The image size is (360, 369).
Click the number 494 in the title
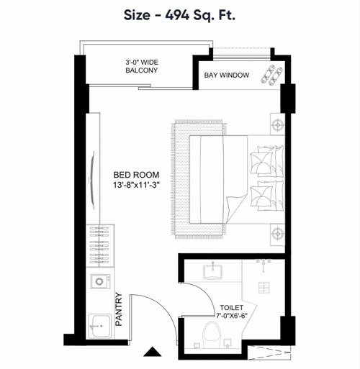tap(177, 15)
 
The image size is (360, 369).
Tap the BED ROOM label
tap(136, 175)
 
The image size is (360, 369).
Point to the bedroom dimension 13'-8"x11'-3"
tap(136, 185)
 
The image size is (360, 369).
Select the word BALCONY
tap(142, 70)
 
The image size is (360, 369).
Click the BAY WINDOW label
tap(227, 76)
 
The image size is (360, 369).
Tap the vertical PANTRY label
tap(119, 309)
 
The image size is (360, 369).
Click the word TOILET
tap(232, 308)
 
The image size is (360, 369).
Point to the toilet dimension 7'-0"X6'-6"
tap(232, 316)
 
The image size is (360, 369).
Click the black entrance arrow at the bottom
tap(152, 352)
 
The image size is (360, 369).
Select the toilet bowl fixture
tap(211, 334)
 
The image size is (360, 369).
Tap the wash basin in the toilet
tap(212, 272)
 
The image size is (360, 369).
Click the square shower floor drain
tap(264, 288)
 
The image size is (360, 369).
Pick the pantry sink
tap(99, 326)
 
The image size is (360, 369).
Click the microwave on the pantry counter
tap(101, 281)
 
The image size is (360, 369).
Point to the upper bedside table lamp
tap(278, 124)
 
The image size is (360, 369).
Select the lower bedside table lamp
tap(278, 233)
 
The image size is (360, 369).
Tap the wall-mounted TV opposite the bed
tap(92, 181)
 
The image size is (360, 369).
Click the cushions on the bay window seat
tap(271, 75)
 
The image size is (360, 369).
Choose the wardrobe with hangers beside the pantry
tap(100, 245)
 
